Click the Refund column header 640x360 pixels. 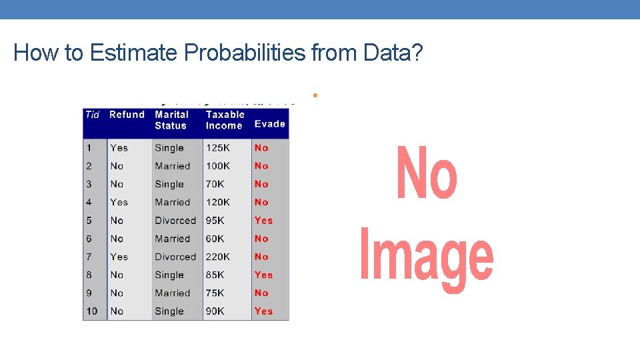[127, 115]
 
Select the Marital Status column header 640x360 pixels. [171, 120]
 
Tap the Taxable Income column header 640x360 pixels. [225, 120]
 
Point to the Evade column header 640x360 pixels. [270, 124]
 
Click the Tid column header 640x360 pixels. [92, 115]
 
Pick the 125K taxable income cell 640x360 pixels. [218, 148]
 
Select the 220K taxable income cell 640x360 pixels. [218, 257]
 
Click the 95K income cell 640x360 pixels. [215, 221]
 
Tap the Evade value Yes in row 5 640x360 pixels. [263, 221]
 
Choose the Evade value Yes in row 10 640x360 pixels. [263, 311]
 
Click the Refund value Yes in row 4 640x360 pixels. [119, 202]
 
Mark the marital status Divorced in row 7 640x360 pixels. [175, 257]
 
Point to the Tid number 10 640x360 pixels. [92, 311]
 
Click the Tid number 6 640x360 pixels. [89, 239]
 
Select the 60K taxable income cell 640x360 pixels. [215, 239]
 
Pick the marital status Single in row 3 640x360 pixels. [169, 184]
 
